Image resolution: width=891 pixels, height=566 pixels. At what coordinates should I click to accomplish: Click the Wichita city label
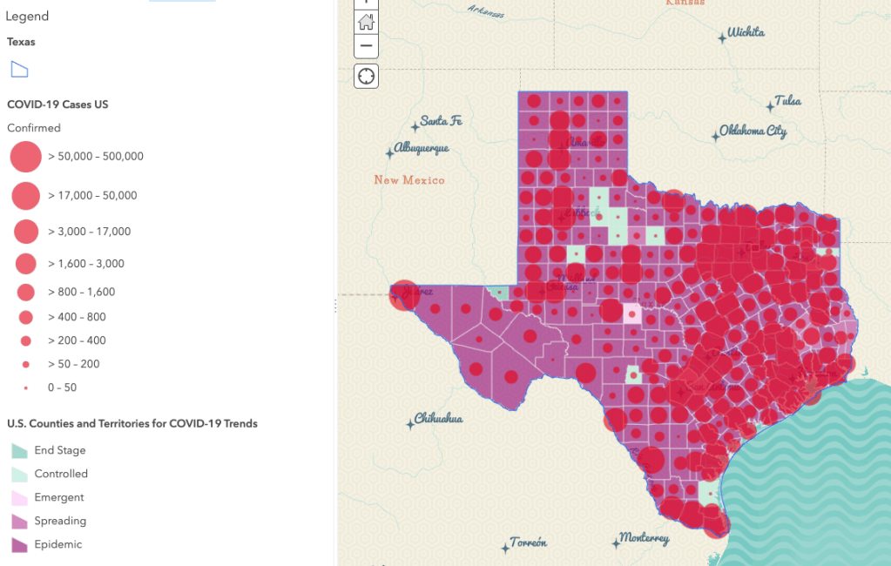tap(746, 33)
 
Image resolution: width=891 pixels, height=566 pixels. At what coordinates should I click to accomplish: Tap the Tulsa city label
tap(787, 101)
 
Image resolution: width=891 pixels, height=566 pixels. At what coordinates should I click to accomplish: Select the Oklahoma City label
tap(753, 131)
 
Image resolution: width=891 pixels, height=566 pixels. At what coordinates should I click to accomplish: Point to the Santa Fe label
tap(441, 121)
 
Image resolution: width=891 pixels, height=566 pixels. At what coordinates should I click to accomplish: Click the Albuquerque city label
tap(422, 148)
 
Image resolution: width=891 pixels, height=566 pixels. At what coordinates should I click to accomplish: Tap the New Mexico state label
tap(409, 180)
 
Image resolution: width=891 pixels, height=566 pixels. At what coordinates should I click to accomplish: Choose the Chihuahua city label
tap(438, 419)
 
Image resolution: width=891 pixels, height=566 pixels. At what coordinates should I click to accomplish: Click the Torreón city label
tap(529, 542)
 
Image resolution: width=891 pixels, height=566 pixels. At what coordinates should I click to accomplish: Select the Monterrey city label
tap(644, 538)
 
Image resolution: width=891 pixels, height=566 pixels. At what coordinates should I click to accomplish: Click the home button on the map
tap(366, 22)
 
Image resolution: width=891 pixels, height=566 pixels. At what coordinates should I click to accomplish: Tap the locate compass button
tap(366, 77)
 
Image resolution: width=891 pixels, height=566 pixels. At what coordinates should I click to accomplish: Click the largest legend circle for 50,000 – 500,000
tap(26, 157)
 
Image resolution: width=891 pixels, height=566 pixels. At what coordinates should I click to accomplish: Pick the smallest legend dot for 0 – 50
tap(26, 387)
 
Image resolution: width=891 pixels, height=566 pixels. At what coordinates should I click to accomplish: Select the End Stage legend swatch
tap(19, 451)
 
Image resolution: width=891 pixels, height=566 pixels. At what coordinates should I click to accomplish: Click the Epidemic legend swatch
tap(19, 545)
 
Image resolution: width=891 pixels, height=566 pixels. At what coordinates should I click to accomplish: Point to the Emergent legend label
tap(59, 497)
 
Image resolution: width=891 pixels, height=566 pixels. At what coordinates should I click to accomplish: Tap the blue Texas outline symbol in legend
tap(19, 70)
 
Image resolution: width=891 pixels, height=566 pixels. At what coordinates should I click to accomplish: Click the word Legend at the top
tap(27, 17)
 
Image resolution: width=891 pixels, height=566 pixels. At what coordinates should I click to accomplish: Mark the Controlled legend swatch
tap(19, 475)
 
